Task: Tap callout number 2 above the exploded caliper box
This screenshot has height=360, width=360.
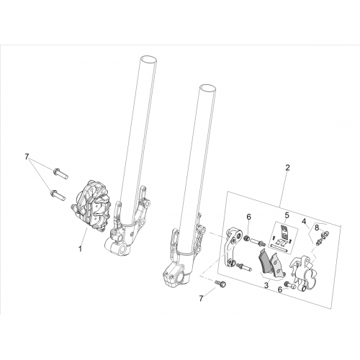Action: tap(288, 168)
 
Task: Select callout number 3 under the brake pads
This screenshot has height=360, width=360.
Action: tap(266, 285)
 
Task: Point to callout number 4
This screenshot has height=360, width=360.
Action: tap(304, 221)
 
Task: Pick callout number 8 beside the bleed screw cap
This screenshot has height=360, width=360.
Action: tap(317, 228)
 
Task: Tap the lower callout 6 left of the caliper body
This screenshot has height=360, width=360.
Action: tap(280, 289)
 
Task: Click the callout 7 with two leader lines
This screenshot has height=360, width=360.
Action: tap(27, 157)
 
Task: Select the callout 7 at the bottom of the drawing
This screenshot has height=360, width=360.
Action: tap(201, 298)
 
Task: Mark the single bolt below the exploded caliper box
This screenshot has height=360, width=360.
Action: tap(220, 284)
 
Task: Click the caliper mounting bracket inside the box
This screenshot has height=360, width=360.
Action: tap(233, 247)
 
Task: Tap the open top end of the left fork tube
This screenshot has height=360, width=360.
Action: tap(148, 59)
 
